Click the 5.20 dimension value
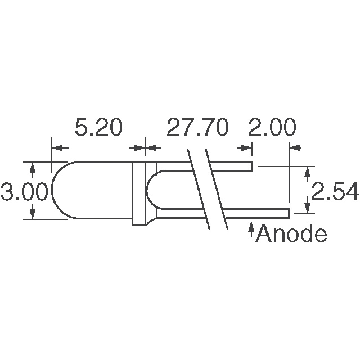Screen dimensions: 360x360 click(98, 128)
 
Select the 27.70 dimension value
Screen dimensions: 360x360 click(197, 128)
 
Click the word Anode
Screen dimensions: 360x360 click(291, 233)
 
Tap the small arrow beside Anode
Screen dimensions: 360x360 click(250, 230)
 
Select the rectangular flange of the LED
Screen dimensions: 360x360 click(138, 193)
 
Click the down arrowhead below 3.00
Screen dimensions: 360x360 click(32, 214)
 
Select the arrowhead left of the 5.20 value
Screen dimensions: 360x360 click(60, 147)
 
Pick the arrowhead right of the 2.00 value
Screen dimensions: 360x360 click(296, 147)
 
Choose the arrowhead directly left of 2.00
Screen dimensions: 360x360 click(245, 147)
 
